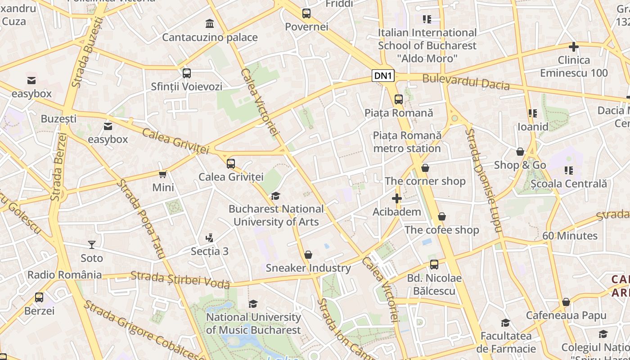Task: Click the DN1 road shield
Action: tap(383, 76)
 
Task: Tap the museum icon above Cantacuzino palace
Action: tap(210, 23)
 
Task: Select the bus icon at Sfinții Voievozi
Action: tap(187, 73)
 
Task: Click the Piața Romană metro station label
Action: tap(407, 142)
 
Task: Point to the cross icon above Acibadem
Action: tap(397, 198)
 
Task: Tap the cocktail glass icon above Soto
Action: tap(92, 245)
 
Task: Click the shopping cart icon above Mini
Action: tap(163, 174)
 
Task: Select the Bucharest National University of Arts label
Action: tap(276, 215)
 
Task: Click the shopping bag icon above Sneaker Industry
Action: tap(308, 255)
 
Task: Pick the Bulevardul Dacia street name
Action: tap(466, 82)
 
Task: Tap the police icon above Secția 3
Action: tap(209, 238)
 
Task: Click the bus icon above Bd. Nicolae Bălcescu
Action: tap(434, 265)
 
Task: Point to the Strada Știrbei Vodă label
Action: tap(180, 279)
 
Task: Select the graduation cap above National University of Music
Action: tap(253, 304)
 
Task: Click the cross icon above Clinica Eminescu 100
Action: tap(574, 47)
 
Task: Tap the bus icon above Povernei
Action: tap(306, 13)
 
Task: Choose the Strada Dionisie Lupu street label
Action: tap(483, 180)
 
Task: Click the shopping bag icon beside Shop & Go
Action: tap(520, 152)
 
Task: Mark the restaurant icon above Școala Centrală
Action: tap(569, 171)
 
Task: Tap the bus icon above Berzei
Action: tap(39, 297)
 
